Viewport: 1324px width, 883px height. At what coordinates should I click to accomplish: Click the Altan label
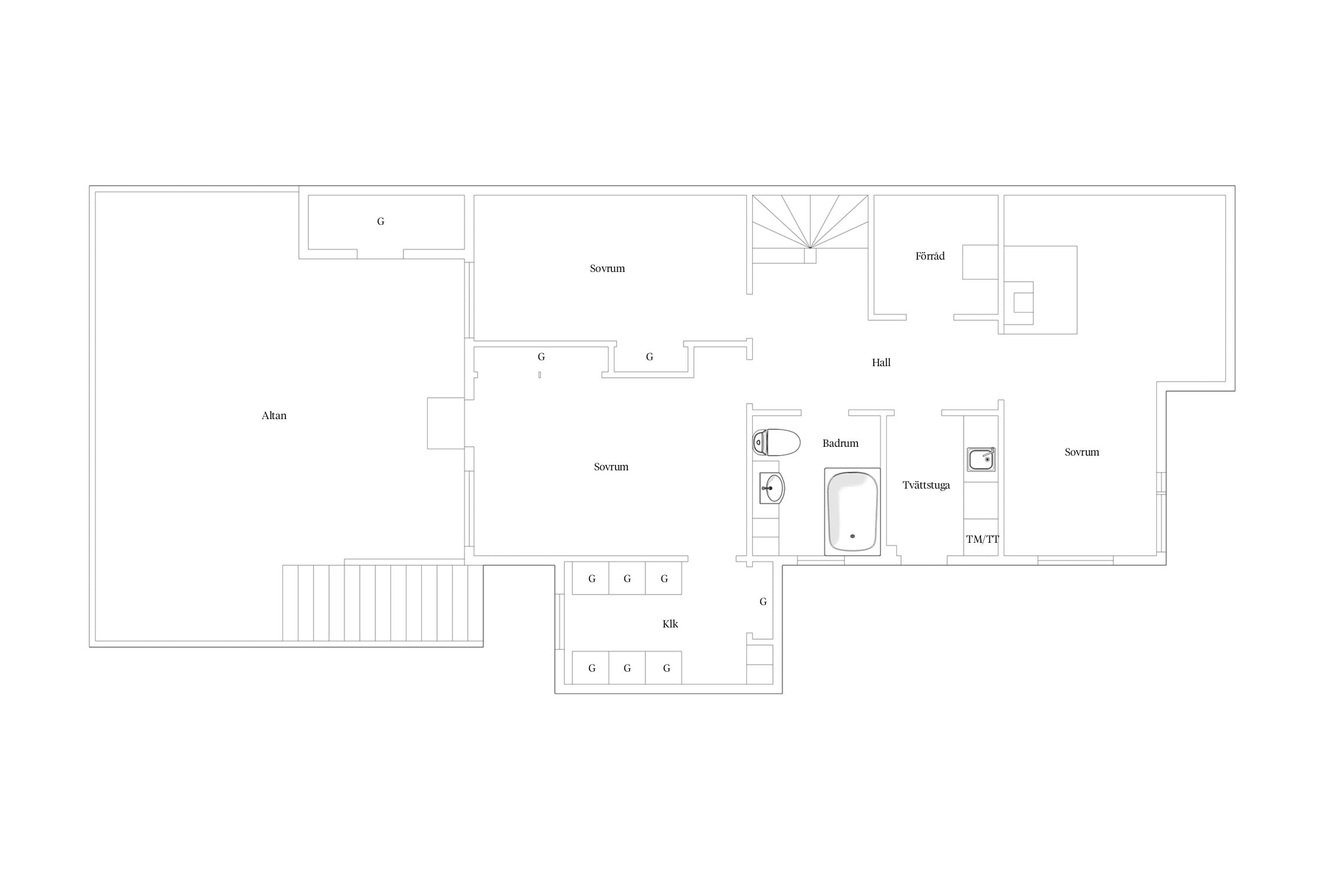[x=274, y=416]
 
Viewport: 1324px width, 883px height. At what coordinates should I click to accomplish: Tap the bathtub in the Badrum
[x=852, y=512]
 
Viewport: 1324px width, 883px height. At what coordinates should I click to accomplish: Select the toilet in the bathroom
[x=776, y=442]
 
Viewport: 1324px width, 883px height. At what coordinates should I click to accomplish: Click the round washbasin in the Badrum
[x=772, y=488]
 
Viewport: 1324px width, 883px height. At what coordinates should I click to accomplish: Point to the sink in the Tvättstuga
[x=981, y=459]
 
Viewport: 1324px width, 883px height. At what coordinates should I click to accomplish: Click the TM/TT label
[x=982, y=539]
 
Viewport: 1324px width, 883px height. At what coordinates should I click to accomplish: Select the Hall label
[x=881, y=363]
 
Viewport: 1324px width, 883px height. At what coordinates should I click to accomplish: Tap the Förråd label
[x=930, y=256]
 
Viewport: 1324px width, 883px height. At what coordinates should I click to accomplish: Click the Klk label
[x=670, y=624]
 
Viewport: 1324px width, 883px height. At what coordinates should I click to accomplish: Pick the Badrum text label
[x=840, y=443]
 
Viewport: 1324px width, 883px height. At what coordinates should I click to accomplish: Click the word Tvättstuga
[x=926, y=486]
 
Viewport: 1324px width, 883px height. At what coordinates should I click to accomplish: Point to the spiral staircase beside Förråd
[x=810, y=229]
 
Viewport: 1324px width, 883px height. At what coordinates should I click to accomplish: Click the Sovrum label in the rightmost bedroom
[x=1082, y=452]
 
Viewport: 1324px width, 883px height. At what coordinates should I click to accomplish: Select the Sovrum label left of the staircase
[x=607, y=268]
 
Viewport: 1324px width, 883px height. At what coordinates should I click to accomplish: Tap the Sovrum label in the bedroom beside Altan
[x=611, y=467]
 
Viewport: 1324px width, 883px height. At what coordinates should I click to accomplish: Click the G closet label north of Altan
[x=381, y=221]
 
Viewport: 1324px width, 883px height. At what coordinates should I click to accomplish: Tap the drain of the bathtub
[x=852, y=536]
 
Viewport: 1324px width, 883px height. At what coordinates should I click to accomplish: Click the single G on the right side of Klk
[x=763, y=602]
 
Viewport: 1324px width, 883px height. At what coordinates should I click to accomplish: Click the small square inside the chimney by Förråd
[x=1023, y=303]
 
